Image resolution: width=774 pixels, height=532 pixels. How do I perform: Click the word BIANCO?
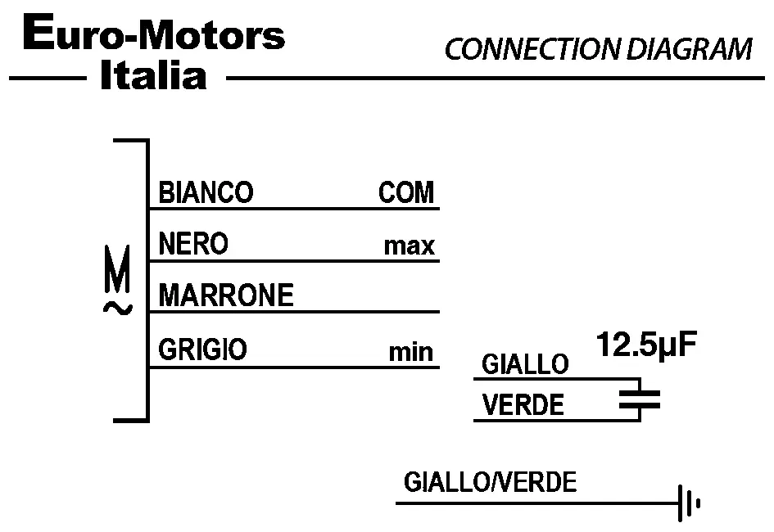click(206, 193)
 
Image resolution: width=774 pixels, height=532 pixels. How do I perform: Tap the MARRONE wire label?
click(226, 295)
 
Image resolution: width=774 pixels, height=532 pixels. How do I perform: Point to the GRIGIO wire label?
click(202, 350)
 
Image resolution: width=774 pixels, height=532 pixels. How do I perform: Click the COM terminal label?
click(406, 193)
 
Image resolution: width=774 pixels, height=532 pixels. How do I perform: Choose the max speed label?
click(409, 246)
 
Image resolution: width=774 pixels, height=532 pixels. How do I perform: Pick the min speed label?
click(410, 352)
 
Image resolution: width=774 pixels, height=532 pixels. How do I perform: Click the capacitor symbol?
click(639, 399)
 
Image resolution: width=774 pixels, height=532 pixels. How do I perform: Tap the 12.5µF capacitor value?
click(645, 344)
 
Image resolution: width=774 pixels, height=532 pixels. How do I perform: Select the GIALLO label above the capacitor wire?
click(524, 364)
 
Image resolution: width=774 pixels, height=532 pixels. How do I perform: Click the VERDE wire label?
click(523, 405)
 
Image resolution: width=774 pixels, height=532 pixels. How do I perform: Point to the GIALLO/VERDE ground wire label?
click(490, 482)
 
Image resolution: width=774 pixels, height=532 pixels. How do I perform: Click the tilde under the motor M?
click(118, 309)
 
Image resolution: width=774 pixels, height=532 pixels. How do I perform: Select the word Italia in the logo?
click(152, 77)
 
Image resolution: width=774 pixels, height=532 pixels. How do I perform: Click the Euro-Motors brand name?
click(155, 36)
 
